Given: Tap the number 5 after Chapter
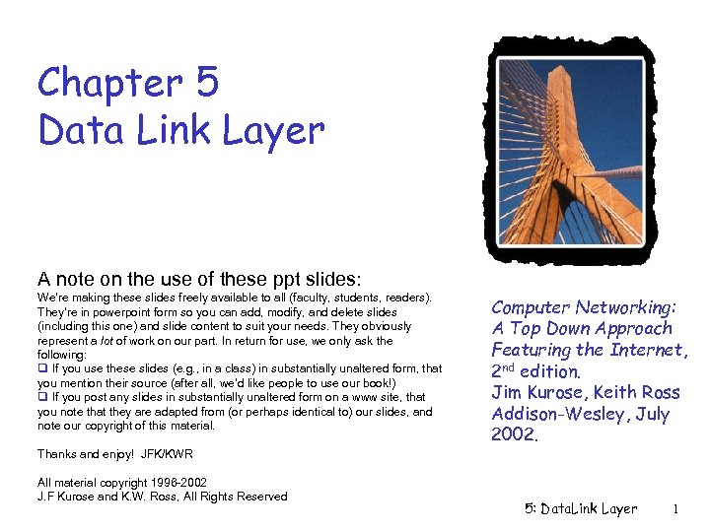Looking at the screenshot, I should point(207,85).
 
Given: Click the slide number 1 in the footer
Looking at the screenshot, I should point(675,509).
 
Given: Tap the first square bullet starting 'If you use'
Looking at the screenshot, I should point(42,368).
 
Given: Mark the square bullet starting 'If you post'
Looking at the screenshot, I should point(42,397).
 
